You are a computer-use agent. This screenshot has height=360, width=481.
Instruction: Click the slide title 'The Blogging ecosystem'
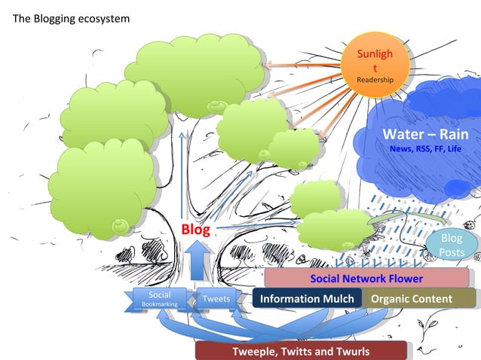point(71,18)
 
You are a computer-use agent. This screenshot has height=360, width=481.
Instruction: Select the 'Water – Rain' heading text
point(425,134)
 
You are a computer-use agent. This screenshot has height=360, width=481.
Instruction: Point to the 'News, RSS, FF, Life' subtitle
point(425,149)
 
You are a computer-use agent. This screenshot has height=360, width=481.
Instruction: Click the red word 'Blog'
point(194,229)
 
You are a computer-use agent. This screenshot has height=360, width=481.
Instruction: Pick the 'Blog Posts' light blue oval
point(452,246)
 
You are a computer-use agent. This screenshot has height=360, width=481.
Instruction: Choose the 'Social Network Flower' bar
point(367,279)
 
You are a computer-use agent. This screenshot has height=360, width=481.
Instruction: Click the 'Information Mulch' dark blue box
point(306,299)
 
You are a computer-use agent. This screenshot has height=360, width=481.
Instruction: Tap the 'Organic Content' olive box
point(412,299)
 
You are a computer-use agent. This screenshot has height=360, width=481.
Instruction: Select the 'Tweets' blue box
point(216,299)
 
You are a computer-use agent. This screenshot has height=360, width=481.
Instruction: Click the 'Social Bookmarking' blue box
point(159,299)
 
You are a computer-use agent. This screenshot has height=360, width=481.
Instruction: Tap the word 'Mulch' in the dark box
point(337,299)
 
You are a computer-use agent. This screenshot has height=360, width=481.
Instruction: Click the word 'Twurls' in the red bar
point(351,352)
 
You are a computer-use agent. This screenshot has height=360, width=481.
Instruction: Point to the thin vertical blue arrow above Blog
point(181,173)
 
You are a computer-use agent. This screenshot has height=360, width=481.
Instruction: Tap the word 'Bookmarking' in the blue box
point(159,304)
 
